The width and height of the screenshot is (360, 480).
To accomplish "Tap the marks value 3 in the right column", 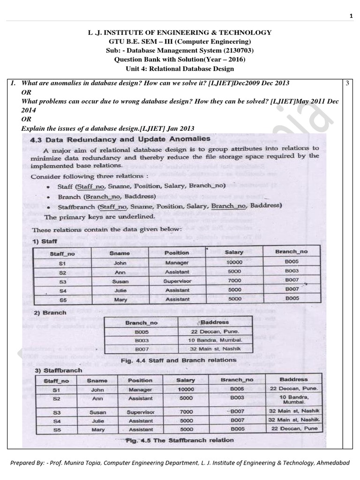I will (347, 83).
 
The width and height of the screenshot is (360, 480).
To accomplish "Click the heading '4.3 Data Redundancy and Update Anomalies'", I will (120, 139).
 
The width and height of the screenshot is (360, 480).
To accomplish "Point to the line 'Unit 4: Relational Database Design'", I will (180, 68).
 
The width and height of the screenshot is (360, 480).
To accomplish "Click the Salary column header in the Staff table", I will (234, 252).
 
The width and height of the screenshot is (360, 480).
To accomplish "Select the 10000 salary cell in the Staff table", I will (234, 263).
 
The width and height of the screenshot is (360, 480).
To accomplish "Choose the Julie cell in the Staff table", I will (120, 290).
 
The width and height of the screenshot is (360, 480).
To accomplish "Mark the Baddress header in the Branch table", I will (215, 322).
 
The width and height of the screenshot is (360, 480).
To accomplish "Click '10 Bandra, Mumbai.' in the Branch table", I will (215, 340).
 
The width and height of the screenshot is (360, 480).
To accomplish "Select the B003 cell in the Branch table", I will (141, 340).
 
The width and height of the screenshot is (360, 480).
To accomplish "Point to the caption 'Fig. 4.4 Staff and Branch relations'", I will (178, 360).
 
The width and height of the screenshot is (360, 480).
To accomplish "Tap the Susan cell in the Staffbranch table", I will (97, 412).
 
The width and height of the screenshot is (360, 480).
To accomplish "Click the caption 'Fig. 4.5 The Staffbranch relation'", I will (180, 440).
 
